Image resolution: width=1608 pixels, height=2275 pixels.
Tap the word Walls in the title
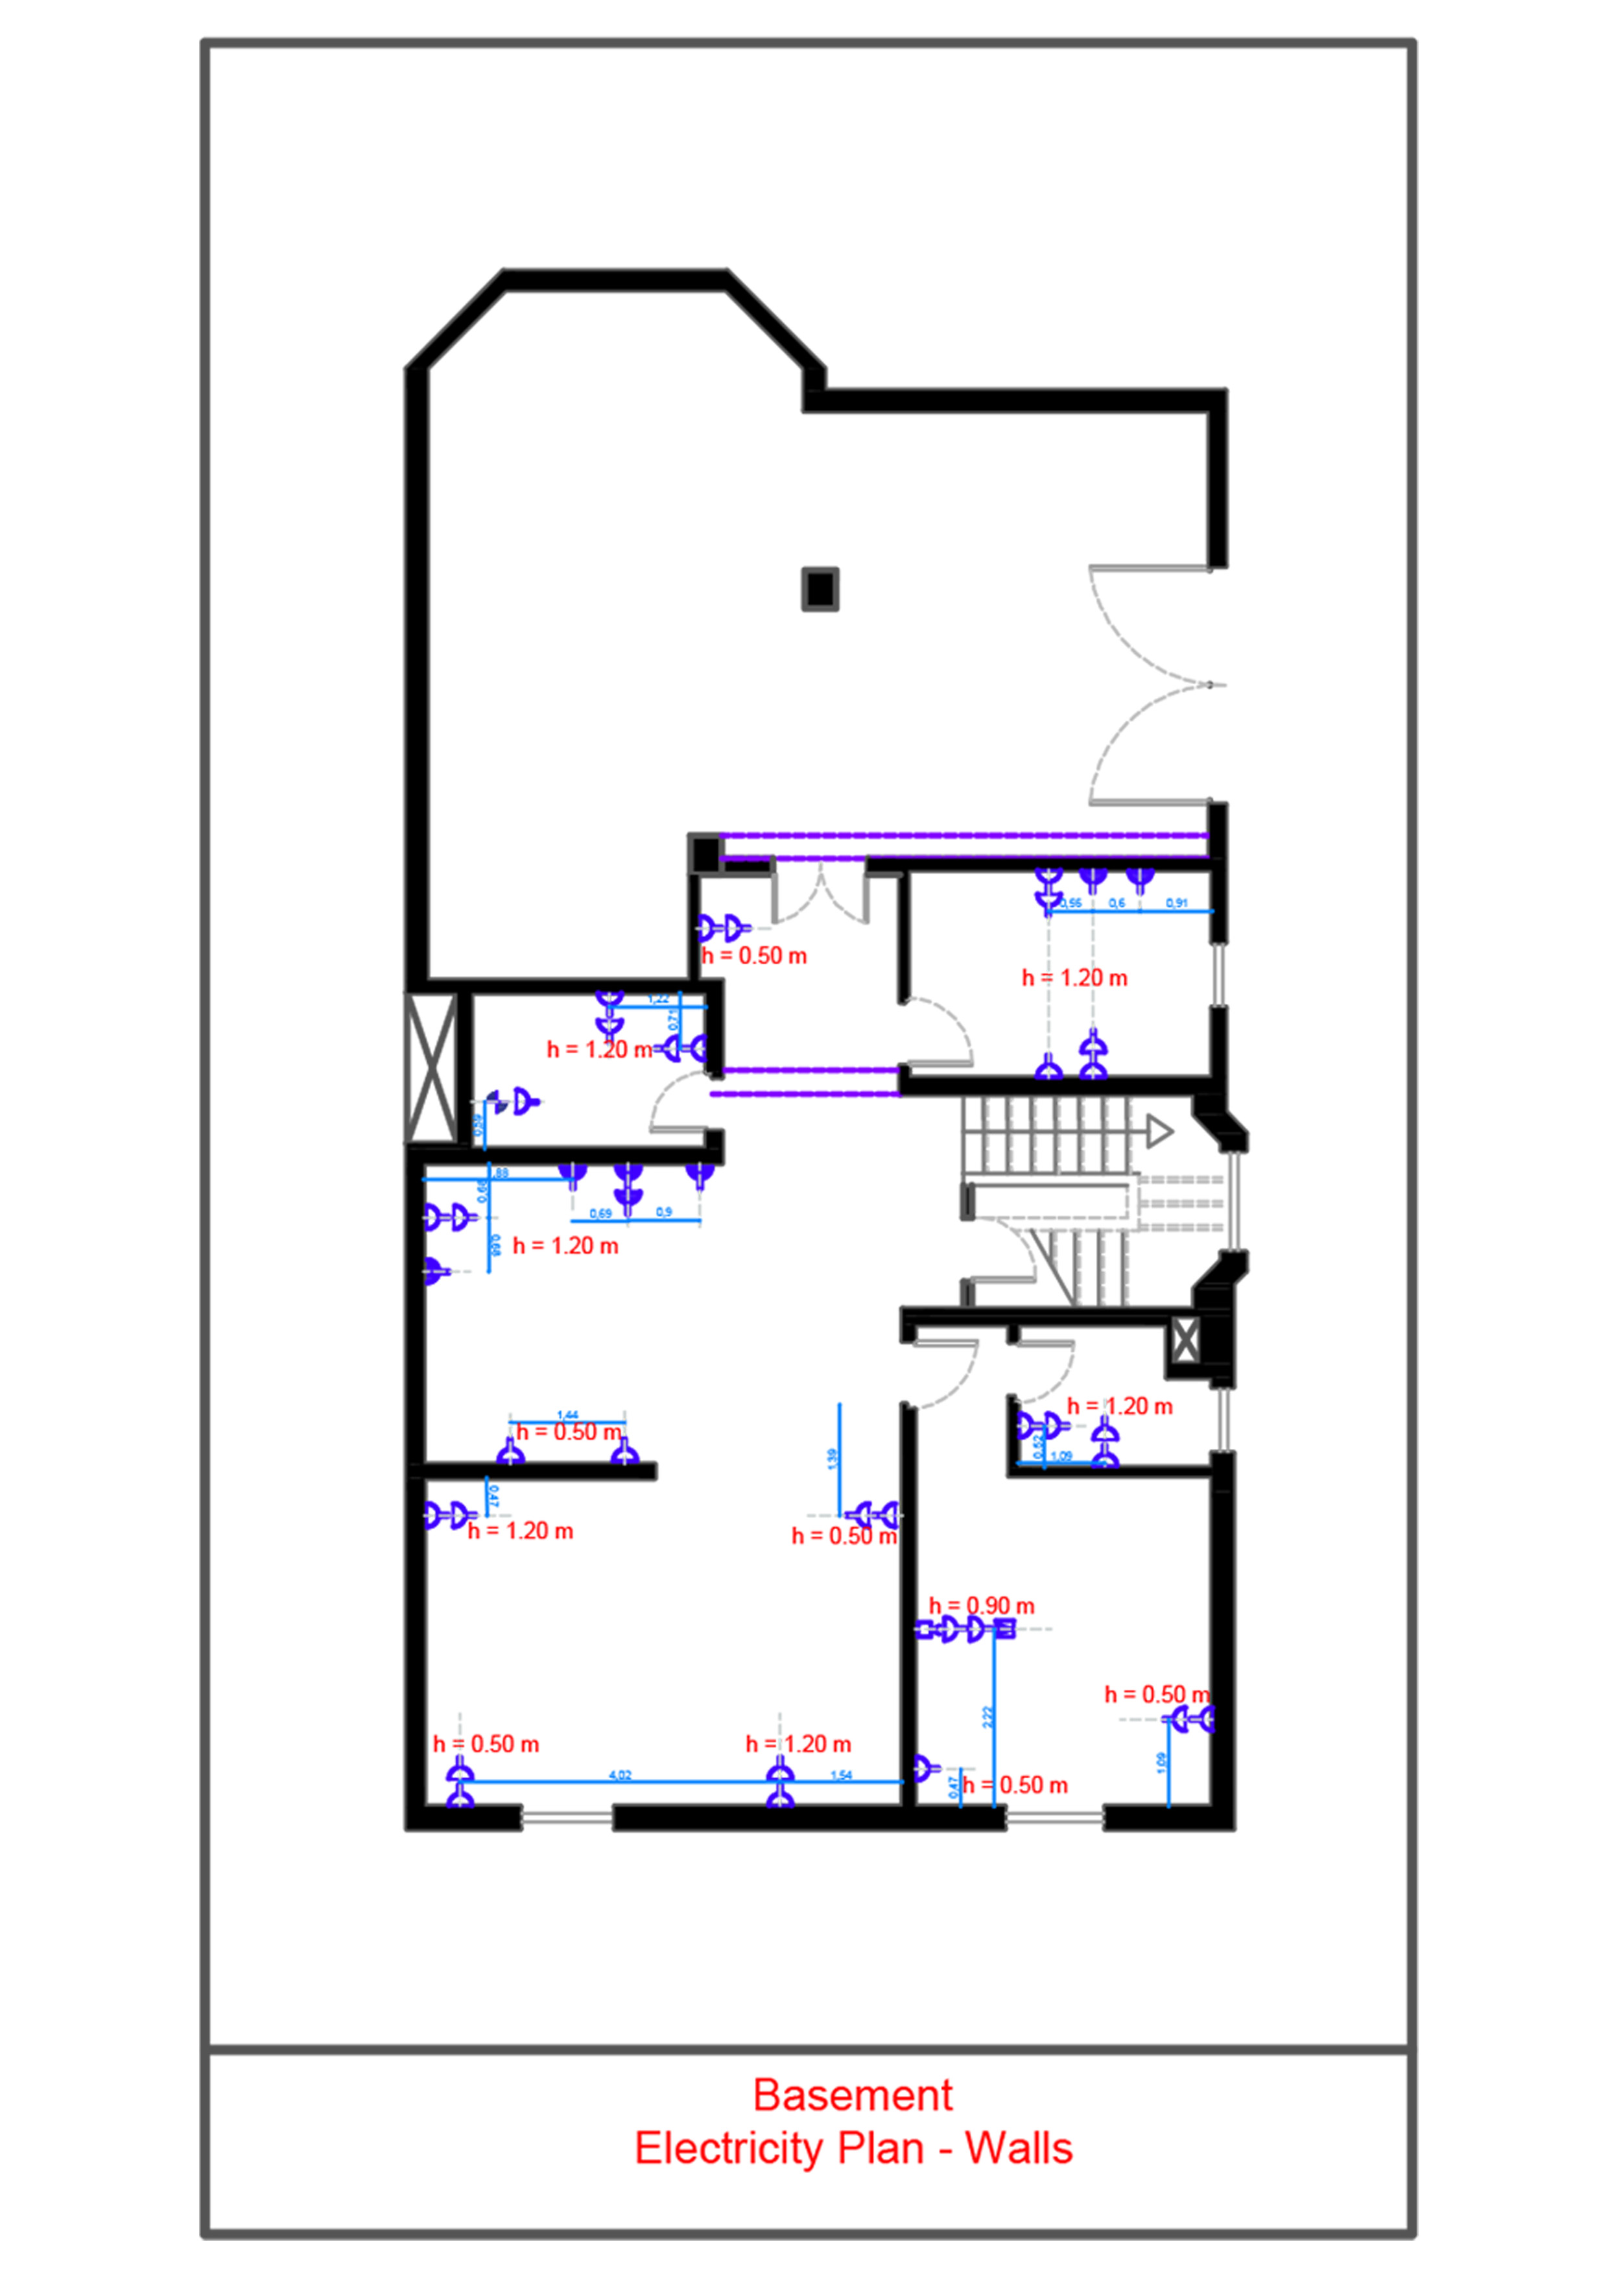coord(1019,2148)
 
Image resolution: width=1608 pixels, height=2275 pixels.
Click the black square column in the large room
coord(820,589)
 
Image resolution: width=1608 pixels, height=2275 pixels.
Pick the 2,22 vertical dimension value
coord(987,1717)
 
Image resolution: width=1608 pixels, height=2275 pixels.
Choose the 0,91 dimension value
coord(1176,903)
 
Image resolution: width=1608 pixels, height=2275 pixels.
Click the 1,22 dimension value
coord(658,999)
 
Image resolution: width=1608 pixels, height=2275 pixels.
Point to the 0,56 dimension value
coord(1071,903)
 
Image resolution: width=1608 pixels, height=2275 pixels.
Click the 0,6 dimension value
coord(1117,903)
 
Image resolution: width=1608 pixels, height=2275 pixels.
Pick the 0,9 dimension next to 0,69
coord(664,1212)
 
